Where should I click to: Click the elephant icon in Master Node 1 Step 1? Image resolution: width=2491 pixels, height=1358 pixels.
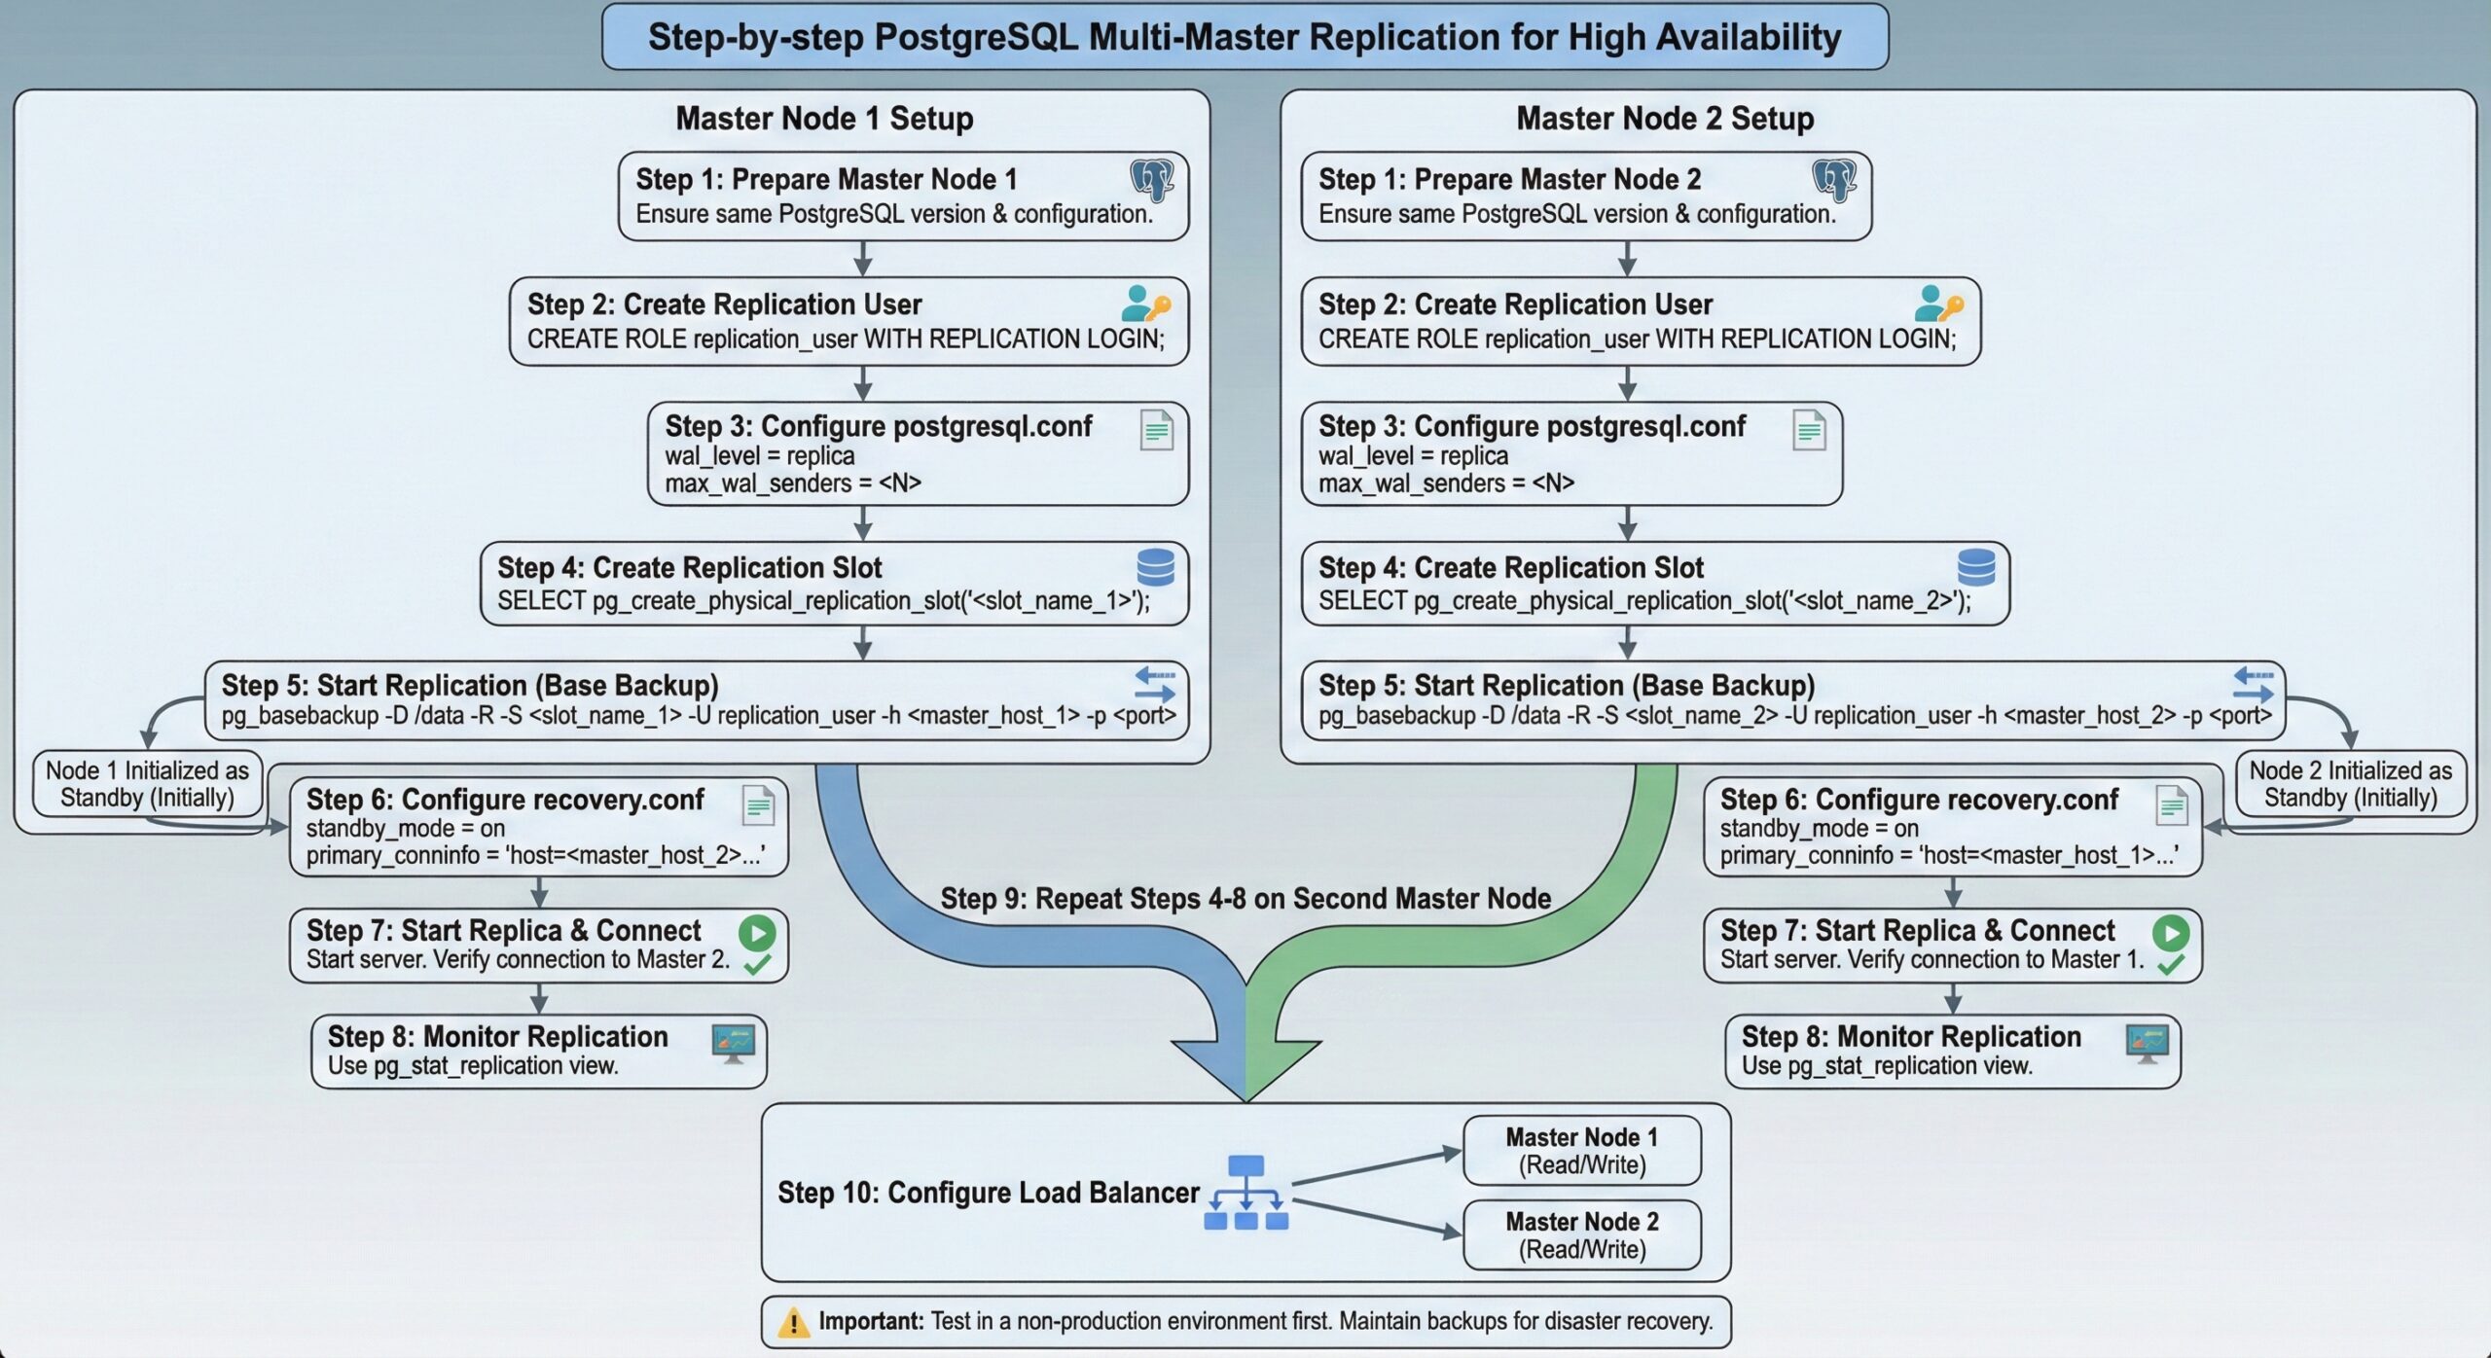coord(1152,180)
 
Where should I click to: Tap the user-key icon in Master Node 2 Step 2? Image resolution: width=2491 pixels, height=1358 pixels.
coord(1938,304)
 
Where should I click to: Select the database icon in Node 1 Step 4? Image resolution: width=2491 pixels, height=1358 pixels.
coord(1156,567)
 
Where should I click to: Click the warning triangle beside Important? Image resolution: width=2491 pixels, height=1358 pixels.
coord(793,1322)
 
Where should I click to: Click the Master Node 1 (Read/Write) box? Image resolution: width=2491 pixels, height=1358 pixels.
coord(1581,1151)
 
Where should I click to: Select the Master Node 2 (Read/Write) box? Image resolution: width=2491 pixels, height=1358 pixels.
coord(1581,1235)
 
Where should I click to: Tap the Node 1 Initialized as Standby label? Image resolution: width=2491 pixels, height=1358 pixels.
coord(147,784)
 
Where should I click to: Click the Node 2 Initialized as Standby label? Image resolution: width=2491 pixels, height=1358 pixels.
coord(2350,784)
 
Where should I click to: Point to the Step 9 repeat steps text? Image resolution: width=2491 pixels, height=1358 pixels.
coord(1245,899)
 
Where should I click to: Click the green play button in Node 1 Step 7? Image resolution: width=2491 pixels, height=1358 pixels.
coord(756,932)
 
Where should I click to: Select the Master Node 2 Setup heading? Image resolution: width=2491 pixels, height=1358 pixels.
coord(1665,119)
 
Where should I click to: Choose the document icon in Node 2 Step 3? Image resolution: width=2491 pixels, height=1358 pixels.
coord(1809,430)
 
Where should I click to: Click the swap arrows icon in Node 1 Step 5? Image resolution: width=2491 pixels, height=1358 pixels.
coord(1154,685)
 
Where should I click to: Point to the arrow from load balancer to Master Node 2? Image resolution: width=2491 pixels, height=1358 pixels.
coord(1377,1218)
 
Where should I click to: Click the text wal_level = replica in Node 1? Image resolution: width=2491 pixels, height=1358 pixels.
coord(759,456)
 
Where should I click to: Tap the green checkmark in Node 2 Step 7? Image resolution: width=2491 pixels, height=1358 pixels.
coord(2171,965)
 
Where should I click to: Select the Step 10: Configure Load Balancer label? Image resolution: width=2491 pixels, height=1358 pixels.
coord(988,1193)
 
